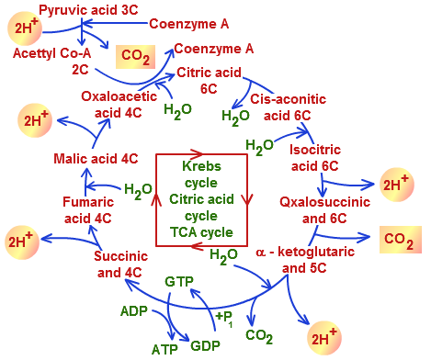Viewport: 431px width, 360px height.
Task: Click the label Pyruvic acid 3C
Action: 88,10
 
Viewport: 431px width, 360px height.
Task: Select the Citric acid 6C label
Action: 210,81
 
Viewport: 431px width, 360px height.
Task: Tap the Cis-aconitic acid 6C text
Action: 288,107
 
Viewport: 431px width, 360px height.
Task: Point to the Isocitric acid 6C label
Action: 315,158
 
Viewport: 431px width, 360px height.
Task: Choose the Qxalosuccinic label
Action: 324,202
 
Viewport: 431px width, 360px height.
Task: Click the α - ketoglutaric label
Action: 305,252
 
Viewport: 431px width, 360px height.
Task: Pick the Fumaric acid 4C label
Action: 88,210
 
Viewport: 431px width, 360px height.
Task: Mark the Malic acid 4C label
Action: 96,159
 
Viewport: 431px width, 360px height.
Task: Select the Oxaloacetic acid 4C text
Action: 119,105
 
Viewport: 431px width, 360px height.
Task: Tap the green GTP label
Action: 179,282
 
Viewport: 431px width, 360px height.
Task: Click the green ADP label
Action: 134,311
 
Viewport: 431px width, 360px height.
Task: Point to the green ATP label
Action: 164,349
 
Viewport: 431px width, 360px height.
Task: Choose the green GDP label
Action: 205,346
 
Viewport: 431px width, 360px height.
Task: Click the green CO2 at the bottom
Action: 259,336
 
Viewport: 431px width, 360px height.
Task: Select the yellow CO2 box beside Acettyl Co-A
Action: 135,57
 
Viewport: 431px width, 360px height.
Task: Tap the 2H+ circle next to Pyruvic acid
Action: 25,28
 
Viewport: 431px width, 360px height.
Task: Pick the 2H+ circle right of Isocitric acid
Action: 397,185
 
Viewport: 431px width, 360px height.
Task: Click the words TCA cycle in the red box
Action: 201,232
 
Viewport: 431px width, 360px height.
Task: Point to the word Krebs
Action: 201,166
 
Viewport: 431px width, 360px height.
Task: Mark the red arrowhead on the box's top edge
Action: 197,153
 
